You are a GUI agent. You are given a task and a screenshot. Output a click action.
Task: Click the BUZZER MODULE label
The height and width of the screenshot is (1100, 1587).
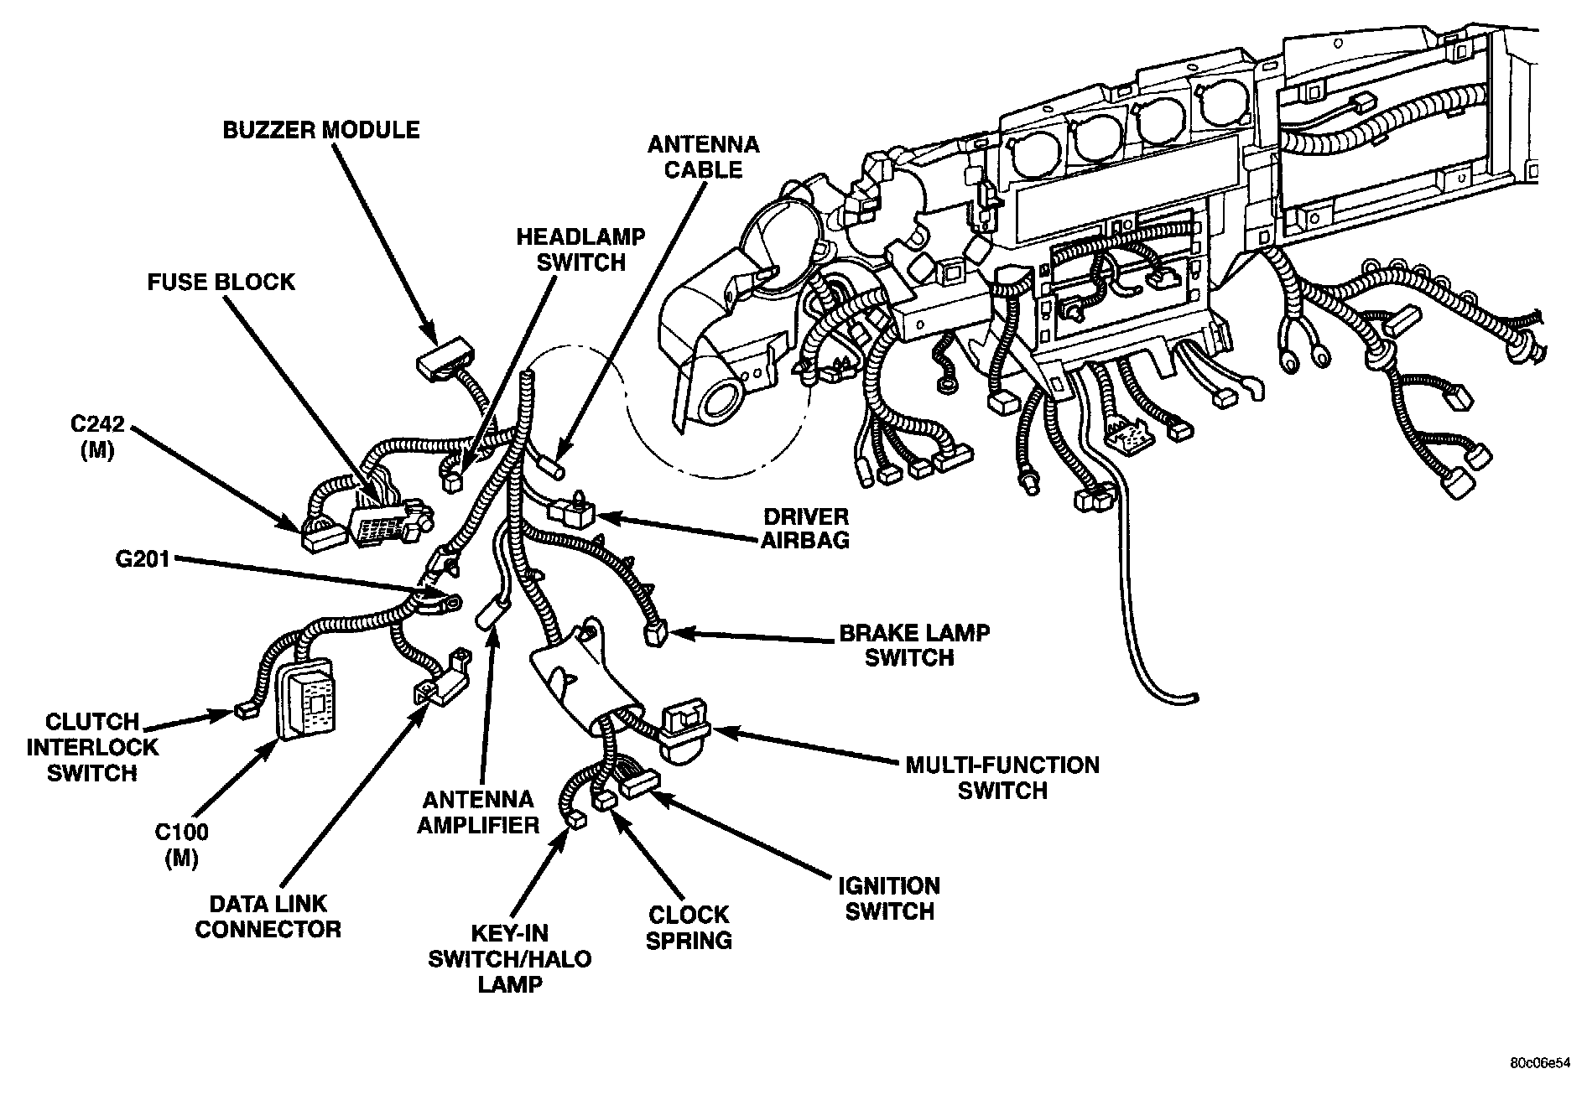(x=321, y=130)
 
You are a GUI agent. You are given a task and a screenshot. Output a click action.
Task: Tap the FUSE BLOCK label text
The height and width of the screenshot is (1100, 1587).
(x=221, y=282)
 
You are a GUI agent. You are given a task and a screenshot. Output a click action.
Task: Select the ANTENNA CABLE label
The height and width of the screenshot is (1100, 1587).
(x=703, y=157)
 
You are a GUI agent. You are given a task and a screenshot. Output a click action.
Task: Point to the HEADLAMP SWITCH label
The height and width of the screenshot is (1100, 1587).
(x=580, y=249)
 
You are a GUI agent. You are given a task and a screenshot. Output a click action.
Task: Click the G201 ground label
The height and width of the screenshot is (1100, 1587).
(x=143, y=558)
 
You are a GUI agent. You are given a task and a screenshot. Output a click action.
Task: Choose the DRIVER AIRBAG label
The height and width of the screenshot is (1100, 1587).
(x=805, y=528)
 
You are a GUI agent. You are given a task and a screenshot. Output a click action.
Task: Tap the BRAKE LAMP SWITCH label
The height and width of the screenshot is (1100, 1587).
(x=914, y=645)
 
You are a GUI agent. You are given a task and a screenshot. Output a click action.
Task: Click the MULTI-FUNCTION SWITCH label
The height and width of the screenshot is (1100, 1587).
(x=1002, y=777)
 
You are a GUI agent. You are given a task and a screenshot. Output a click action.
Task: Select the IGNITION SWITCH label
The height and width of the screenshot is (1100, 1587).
(x=889, y=898)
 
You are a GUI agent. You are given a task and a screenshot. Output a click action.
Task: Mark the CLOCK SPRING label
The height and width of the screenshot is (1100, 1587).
(x=689, y=926)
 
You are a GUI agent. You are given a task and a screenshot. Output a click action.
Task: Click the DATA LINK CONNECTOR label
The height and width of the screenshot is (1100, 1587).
(x=268, y=916)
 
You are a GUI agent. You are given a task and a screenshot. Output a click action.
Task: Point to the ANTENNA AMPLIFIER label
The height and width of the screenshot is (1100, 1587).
(x=478, y=812)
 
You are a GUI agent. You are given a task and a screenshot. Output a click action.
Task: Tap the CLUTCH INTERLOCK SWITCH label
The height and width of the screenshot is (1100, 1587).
(x=92, y=746)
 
